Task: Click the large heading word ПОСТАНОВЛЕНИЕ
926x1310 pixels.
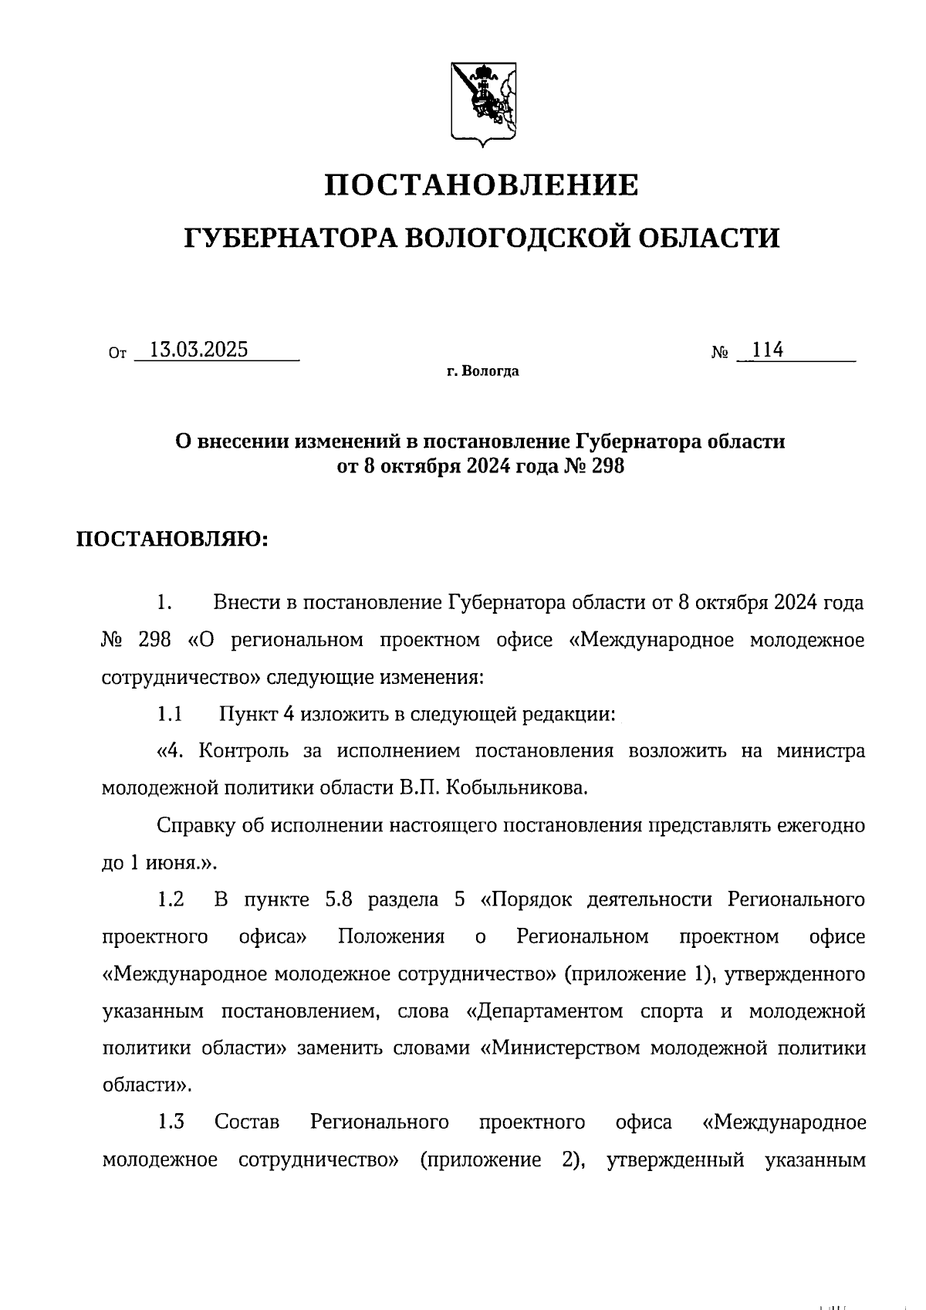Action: point(481,185)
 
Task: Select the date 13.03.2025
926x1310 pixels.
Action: point(198,350)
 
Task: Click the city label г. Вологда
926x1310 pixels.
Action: point(482,372)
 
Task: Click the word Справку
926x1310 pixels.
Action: point(194,825)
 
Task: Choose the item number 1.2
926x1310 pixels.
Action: point(171,899)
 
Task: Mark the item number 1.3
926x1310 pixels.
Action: point(171,1122)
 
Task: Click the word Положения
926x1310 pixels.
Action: point(391,936)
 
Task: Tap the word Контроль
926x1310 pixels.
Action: point(245,750)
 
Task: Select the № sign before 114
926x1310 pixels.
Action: point(720,353)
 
